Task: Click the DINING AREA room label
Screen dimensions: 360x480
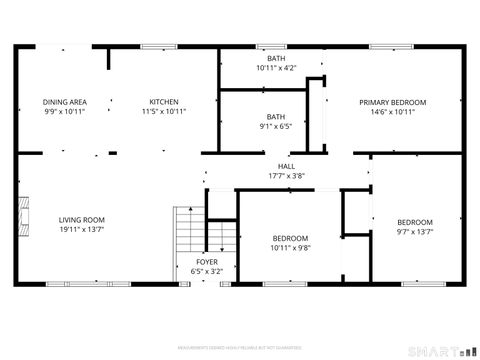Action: pos(64,102)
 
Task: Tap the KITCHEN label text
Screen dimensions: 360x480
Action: pos(164,102)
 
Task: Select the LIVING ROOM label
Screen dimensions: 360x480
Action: pos(81,220)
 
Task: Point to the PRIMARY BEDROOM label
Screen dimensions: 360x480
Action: pos(393,103)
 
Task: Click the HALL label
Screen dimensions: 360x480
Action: pos(286,167)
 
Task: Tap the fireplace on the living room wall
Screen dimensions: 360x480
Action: pos(18,213)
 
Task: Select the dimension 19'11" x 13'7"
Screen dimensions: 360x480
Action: pos(81,230)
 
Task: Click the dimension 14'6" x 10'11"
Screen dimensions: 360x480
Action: pos(393,112)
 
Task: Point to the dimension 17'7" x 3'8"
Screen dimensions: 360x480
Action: pos(286,176)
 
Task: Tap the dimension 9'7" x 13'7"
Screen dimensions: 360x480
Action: pos(414,231)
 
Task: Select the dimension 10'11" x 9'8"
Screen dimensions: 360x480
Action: pos(291,247)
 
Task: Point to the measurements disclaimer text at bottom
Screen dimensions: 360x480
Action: pos(240,347)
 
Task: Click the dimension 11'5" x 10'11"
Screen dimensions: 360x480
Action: pos(164,111)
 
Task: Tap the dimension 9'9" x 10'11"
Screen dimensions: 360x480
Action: pos(64,111)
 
